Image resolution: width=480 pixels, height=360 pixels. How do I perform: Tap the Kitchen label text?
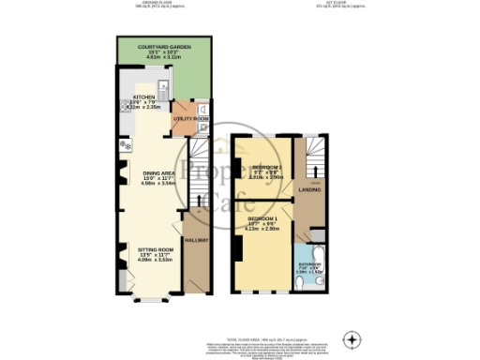(143, 97)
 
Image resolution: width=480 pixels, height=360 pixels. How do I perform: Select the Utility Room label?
(190, 119)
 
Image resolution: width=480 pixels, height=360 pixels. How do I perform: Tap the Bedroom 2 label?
(267, 167)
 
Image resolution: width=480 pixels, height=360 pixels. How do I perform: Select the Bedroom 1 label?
(266, 217)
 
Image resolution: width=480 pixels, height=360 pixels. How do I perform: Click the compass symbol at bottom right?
(352, 338)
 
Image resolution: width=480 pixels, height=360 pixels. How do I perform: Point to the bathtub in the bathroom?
(301, 267)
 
